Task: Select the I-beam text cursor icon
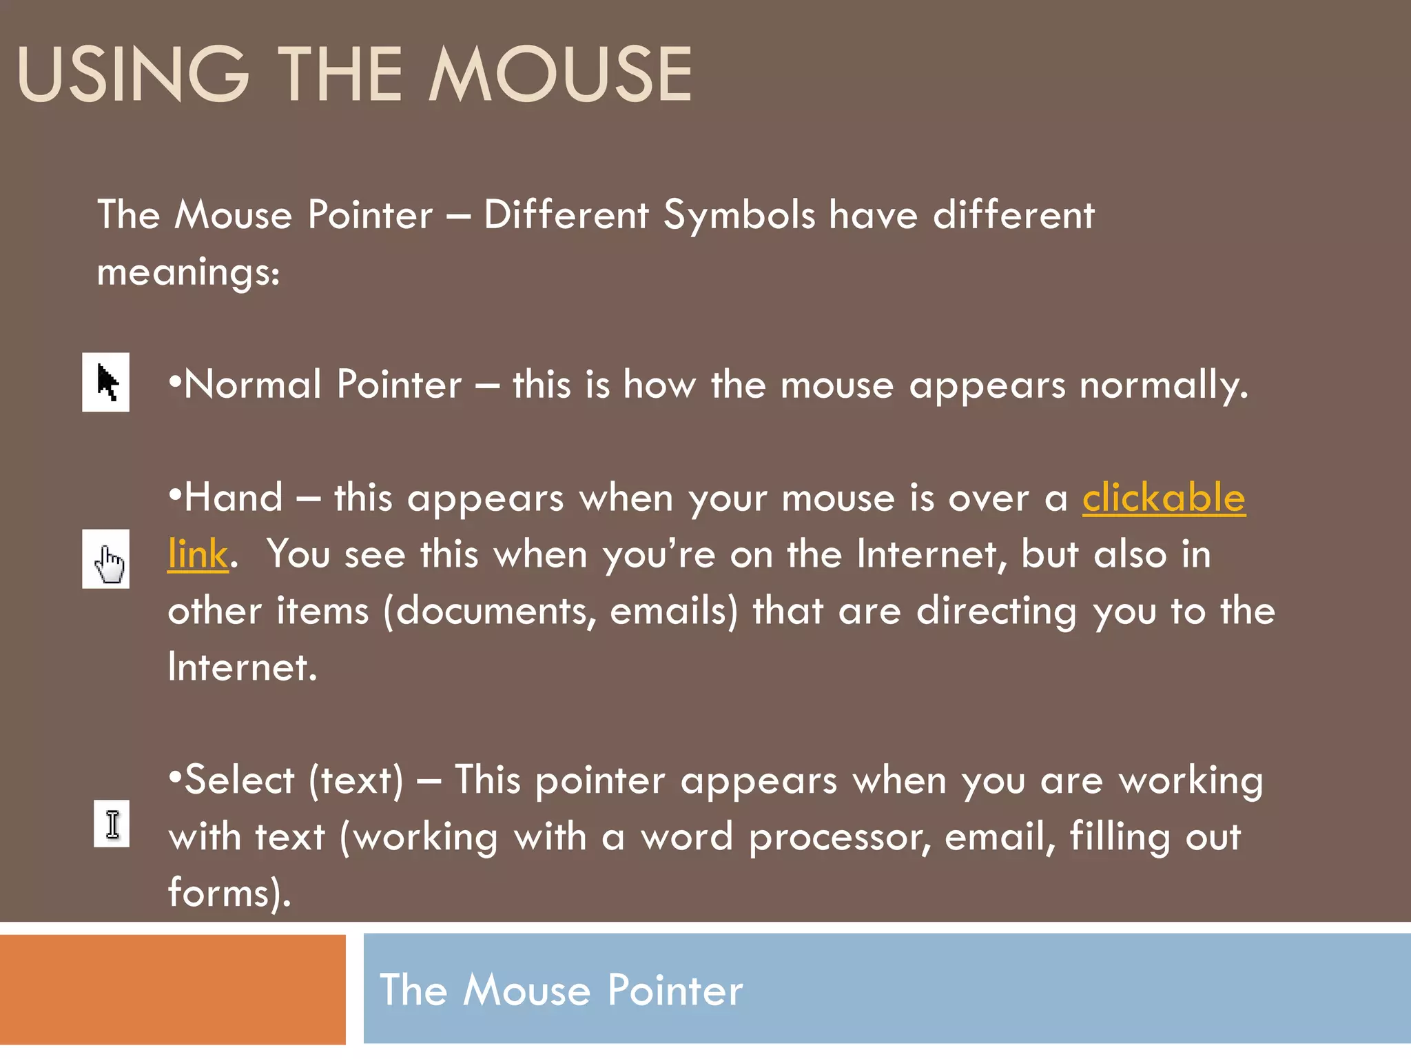[x=112, y=824]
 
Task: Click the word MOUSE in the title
[x=561, y=74]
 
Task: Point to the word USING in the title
[x=133, y=74]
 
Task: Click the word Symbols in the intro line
[x=739, y=214]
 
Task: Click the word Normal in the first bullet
[x=253, y=384]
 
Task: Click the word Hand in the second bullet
[x=234, y=497]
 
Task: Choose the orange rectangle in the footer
[x=172, y=989]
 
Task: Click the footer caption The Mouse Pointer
[x=562, y=990]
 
